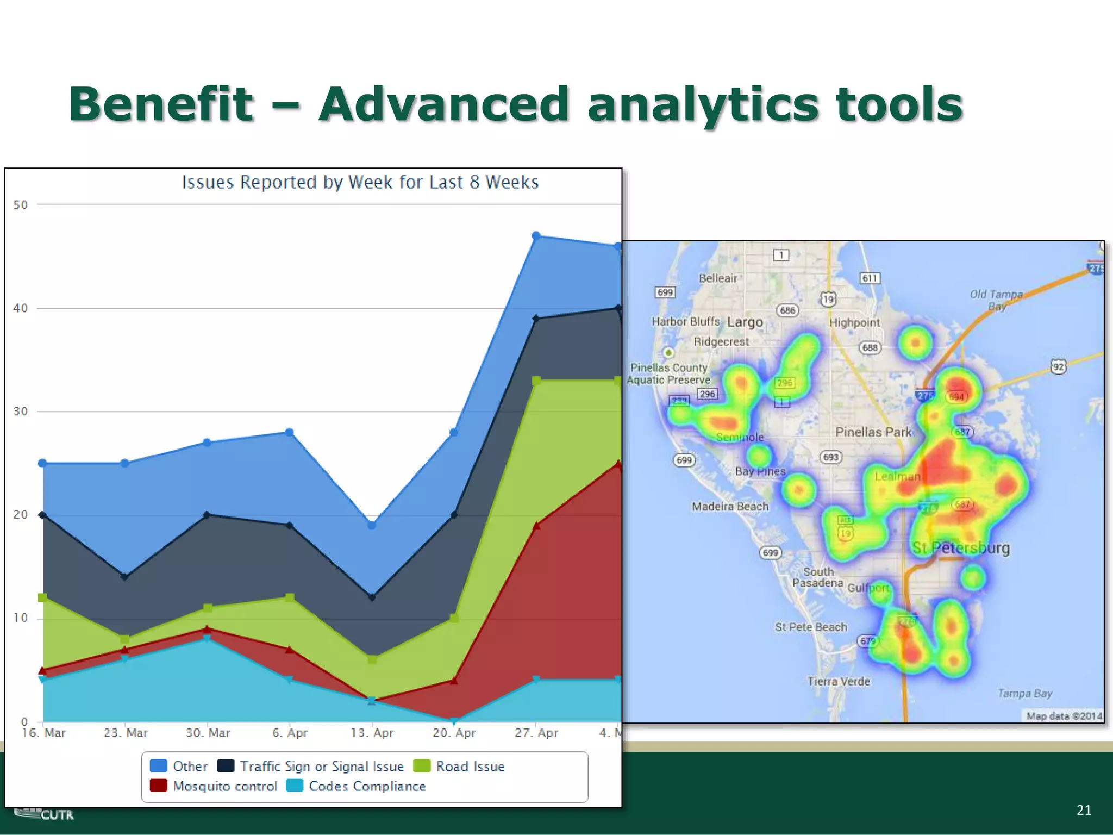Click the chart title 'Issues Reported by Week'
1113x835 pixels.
[x=360, y=182]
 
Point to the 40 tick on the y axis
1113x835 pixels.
[x=20, y=308]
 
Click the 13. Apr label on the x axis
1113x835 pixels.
[x=372, y=733]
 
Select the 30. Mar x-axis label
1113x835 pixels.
[x=208, y=733]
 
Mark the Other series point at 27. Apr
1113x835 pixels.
[x=536, y=236]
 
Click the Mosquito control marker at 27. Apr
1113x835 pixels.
[x=536, y=526]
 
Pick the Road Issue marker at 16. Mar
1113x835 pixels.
[x=42, y=597]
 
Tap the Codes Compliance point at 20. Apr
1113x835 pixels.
[x=454, y=721]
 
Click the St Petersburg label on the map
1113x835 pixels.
[x=961, y=547]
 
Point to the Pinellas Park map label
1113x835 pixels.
[x=873, y=432]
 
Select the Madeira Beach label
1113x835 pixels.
[x=730, y=507]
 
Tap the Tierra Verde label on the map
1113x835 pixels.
[x=839, y=681]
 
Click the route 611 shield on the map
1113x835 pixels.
[x=870, y=278]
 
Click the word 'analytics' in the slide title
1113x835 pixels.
[x=703, y=104]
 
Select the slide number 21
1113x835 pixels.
[x=1084, y=810]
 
